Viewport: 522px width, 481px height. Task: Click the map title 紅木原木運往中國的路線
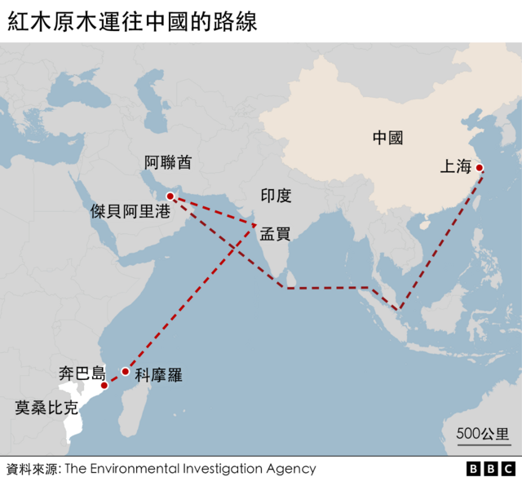(x=132, y=21)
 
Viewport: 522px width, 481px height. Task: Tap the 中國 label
(x=387, y=138)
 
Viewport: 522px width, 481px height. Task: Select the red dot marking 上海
(x=480, y=168)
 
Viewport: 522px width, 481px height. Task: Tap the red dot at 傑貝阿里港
(x=170, y=196)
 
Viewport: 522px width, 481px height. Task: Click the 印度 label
(x=276, y=196)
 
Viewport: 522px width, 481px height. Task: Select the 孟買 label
(x=275, y=234)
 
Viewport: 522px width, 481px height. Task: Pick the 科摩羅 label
(x=158, y=376)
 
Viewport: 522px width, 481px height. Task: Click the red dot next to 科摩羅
(x=125, y=372)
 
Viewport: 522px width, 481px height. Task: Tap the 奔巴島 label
(x=82, y=374)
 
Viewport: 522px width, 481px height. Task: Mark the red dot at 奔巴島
(x=104, y=385)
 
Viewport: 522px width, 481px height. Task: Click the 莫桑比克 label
(x=46, y=407)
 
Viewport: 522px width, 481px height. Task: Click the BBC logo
(x=490, y=469)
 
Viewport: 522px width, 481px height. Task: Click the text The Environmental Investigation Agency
(x=190, y=469)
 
